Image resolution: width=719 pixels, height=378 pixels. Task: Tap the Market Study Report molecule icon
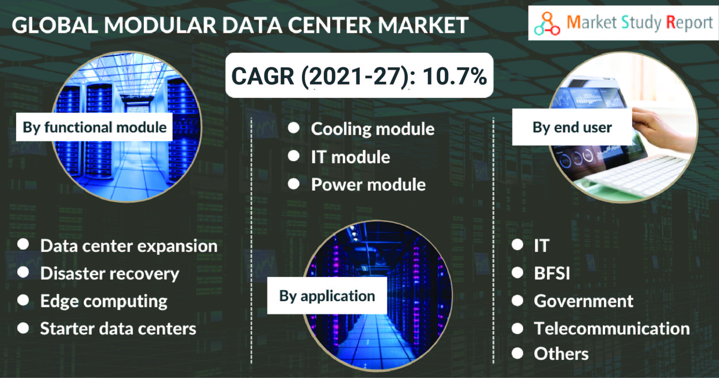coord(547,24)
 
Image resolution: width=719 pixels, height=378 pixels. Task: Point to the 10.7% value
coord(455,76)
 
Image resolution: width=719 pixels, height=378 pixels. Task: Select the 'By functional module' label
coord(94,127)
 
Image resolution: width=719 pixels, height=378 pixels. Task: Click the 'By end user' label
coord(572,127)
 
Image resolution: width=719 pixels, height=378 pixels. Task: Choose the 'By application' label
coord(327,295)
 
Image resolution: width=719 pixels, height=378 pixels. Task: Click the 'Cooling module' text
coord(373,129)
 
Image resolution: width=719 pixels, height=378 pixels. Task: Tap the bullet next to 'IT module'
coord(294,156)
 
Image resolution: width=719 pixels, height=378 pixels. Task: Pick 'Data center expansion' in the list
coord(129,246)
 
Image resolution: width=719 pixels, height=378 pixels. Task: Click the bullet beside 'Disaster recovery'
coord(23,272)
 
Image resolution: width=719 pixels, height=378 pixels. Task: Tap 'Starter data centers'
coord(118,328)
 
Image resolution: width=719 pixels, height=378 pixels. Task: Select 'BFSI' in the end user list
coord(552,273)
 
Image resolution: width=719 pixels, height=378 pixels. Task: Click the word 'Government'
coord(584,301)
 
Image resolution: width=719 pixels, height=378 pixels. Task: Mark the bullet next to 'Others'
coord(517,353)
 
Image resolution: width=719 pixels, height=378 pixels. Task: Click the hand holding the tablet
coord(661,127)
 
